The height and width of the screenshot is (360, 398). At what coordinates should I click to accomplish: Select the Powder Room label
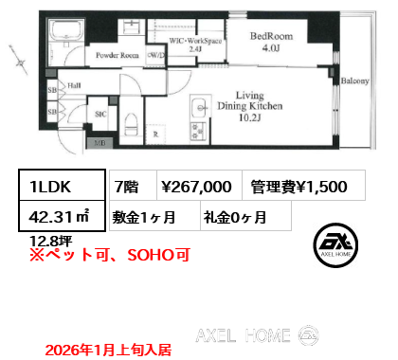pos(116,56)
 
